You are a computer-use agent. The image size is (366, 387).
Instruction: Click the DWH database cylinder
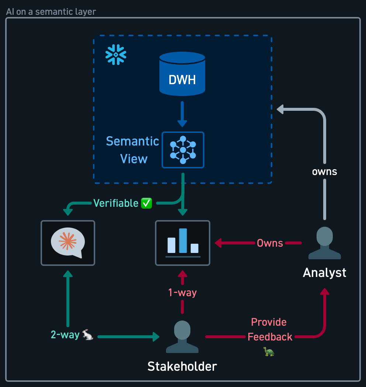point(182,73)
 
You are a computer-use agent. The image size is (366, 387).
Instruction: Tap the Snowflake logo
point(116,55)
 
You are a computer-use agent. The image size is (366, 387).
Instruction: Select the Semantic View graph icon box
point(183,150)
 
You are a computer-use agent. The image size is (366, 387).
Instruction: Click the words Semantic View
point(132,150)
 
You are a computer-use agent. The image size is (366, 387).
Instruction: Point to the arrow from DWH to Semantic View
point(182,114)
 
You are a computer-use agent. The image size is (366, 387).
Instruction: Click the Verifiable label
point(116,203)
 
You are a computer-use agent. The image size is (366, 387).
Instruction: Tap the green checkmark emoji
point(146,203)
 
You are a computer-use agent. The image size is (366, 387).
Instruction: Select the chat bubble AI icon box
point(68,243)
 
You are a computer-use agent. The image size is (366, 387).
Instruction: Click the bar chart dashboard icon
point(183,243)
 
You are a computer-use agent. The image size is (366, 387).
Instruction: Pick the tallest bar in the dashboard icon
point(183,241)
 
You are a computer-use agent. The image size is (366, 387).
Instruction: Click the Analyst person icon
point(325,243)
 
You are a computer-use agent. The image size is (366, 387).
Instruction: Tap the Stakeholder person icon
point(182,337)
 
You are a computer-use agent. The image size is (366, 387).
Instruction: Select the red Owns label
point(270,243)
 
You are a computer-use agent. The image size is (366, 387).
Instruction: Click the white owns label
point(325,172)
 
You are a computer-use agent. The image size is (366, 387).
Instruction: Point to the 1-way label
point(183,293)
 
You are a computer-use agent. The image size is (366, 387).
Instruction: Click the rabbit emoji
point(87,335)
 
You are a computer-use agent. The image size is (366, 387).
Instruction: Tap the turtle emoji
point(269,352)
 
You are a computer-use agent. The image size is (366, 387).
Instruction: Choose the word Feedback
point(270,337)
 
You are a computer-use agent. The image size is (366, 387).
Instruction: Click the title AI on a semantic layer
point(51,11)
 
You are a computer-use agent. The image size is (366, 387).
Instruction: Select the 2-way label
point(65,335)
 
